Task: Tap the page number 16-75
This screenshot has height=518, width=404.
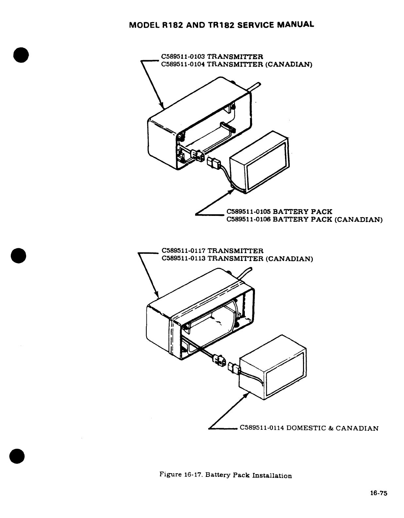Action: click(x=379, y=494)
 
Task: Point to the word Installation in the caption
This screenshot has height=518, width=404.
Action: click(x=272, y=476)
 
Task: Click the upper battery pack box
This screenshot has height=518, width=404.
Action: click(x=260, y=163)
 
